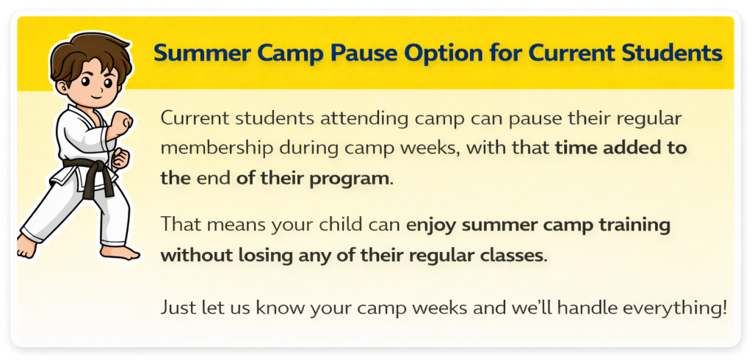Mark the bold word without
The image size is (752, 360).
196,255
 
